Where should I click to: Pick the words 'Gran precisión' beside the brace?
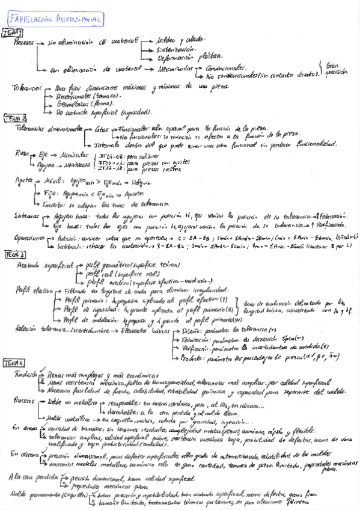point(337,68)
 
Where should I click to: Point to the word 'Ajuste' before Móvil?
point(25,181)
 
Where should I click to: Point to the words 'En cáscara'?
point(23,455)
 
